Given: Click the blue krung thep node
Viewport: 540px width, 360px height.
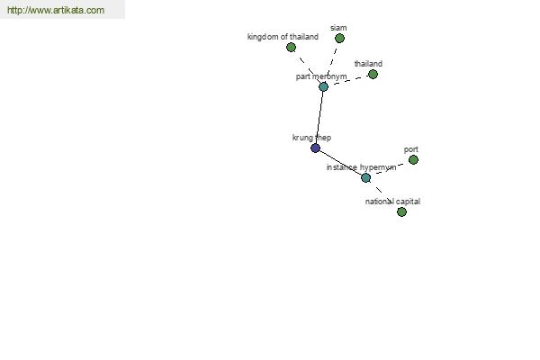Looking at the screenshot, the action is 315,148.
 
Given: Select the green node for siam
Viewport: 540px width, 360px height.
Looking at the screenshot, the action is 339,38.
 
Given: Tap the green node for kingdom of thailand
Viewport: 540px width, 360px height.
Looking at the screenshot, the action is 291,47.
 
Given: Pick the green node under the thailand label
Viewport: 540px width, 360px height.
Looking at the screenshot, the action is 373,74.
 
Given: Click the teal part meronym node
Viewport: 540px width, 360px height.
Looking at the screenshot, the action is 323,86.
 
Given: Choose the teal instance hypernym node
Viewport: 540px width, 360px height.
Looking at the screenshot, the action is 365,178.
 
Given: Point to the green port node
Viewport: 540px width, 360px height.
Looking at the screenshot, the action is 413,160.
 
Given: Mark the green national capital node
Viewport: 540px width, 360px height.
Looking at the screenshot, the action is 401,211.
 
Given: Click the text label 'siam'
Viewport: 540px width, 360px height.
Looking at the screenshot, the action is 338,28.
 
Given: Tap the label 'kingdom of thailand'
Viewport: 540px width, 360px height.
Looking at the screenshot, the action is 283,37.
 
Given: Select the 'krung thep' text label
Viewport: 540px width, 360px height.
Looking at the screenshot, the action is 311,138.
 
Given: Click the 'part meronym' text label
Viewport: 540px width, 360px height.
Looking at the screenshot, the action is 321,76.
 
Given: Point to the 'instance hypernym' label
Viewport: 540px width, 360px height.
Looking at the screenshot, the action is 361,167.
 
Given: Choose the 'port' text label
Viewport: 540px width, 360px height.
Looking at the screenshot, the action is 411,149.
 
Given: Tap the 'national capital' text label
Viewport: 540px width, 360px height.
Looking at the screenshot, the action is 392,202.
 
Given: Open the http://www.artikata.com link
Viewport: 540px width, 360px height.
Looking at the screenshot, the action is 56,10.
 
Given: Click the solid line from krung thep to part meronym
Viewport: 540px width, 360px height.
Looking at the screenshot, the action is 319,118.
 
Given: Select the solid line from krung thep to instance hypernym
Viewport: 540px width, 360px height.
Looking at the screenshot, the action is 340,163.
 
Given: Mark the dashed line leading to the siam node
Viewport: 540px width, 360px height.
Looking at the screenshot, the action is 332,61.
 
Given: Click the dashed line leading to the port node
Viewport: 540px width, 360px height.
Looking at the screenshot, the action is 390,168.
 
